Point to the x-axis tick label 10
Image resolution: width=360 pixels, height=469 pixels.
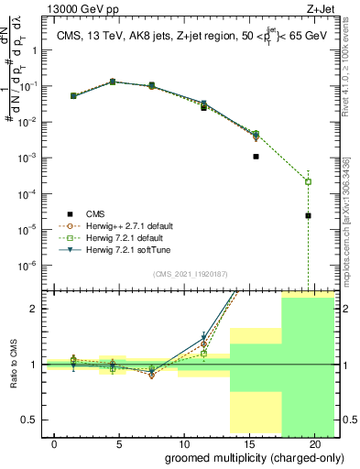(184, 443)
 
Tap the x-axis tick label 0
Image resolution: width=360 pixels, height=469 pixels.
(56, 443)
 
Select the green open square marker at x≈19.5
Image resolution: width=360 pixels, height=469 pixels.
(308, 181)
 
